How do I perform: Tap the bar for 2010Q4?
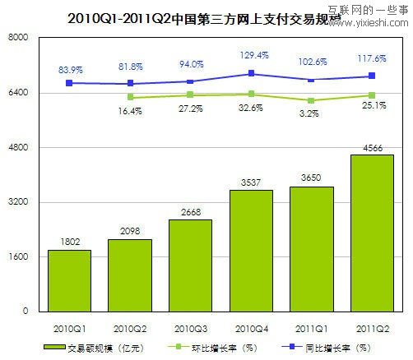coord(251,251)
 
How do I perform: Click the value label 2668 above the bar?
coord(190,212)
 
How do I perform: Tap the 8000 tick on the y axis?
coord(18,39)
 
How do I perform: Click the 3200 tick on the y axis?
coord(18,202)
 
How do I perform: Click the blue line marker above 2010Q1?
coord(70,83)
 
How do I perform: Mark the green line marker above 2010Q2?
coord(130,97)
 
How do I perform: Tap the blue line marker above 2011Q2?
coord(372,76)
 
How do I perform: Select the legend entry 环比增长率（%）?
coord(220,348)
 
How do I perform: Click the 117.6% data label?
coord(372,59)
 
